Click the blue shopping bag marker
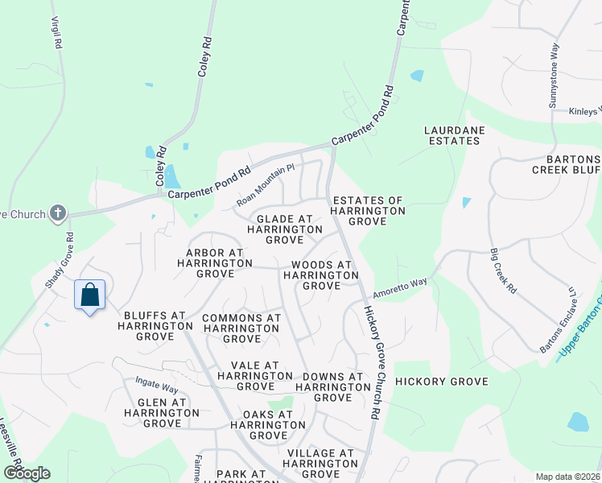point(90,295)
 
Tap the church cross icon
point(56,213)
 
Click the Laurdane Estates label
point(451,135)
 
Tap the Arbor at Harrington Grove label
point(209,263)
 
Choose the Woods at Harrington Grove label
point(322,275)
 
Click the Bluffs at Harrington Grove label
point(155,320)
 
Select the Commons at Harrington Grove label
point(241,328)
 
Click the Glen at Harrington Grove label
point(161,412)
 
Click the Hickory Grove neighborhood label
point(442,381)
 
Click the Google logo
point(27,473)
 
